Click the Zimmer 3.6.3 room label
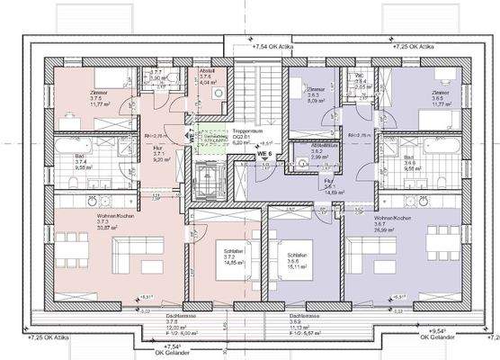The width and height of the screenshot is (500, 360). click(x=316, y=96)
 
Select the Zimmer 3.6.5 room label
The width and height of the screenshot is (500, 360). click(x=440, y=97)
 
